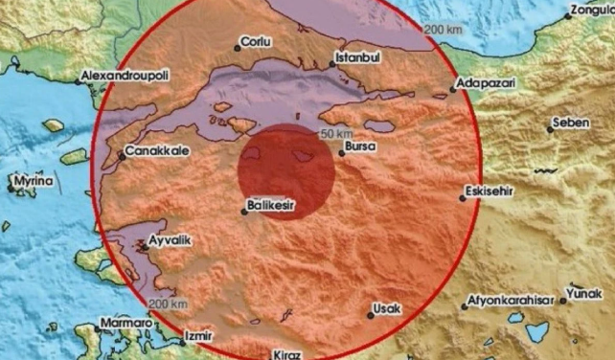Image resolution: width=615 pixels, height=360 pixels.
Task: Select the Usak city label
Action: [x=388, y=308]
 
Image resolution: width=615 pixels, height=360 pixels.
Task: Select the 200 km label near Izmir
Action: [x=168, y=304]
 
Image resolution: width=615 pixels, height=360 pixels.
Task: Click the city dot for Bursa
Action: [x=341, y=153]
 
